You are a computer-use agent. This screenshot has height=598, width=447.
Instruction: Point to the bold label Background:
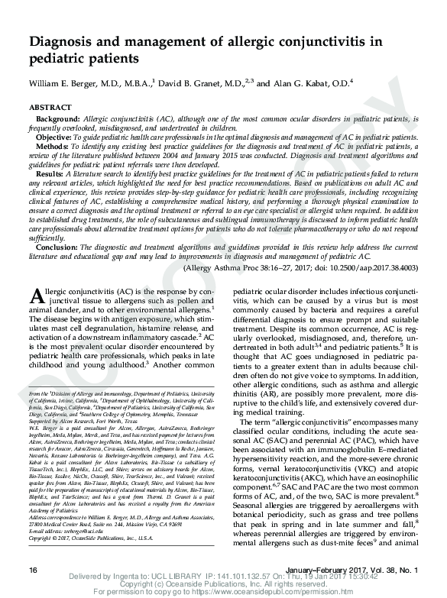58,120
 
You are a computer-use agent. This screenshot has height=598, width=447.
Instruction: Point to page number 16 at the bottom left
32,571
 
